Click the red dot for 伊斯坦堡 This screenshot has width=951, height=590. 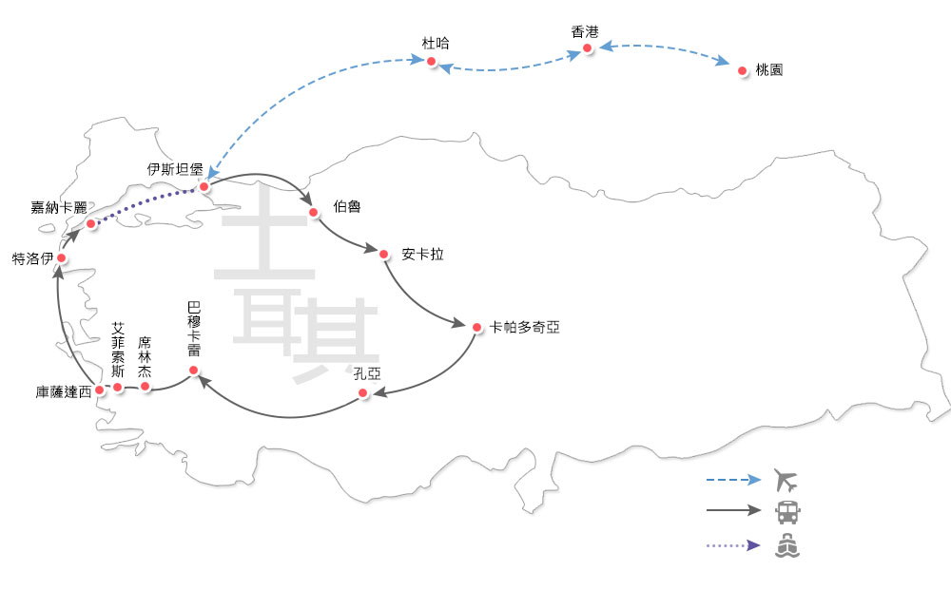pyautogui.click(x=204, y=187)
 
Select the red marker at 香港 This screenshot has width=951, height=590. pyautogui.click(x=588, y=48)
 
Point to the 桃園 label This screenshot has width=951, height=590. pyautogui.click(x=768, y=71)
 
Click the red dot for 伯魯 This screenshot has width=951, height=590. pyautogui.click(x=313, y=212)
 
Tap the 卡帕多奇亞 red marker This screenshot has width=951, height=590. pyautogui.click(x=476, y=327)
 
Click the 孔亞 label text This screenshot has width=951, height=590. pyautogui.click(x=367, y=372)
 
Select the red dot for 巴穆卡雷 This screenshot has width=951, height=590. pyautogui.click(x=193, y=370)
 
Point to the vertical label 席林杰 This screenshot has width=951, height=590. pyautogui.click(x=145, y=356)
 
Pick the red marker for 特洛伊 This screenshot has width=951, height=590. pyautogui.click(x=61, y=257)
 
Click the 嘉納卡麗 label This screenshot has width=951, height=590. pyautogui.click(x=59, y=208)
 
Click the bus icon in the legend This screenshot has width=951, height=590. pyautogui.click(x=787, y=512)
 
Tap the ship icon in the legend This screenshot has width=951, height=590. pyautogui.click(x=787, y=546)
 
